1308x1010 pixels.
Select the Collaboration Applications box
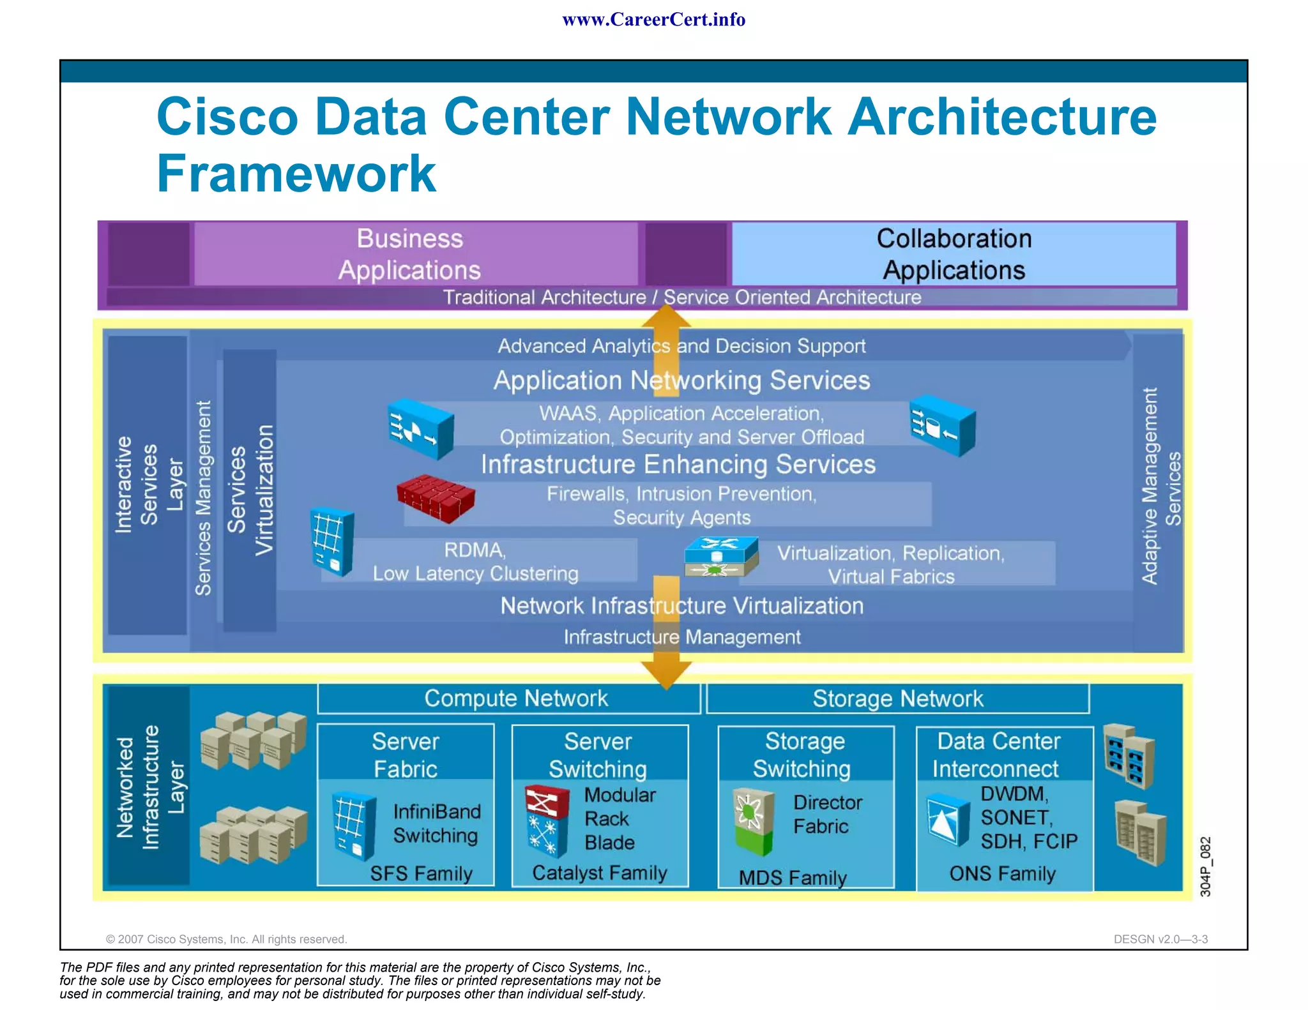953,253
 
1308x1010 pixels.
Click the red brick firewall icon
436,499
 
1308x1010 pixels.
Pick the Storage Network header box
897,698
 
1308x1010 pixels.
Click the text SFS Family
421,873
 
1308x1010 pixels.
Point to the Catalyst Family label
599,872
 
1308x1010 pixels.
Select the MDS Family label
793,877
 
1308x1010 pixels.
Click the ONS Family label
1002,873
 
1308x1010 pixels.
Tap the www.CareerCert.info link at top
653,20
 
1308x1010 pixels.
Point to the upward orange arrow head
666,315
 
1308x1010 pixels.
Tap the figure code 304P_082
1205,866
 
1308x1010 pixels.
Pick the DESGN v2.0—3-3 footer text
1160,939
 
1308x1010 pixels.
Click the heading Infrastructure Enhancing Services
678,464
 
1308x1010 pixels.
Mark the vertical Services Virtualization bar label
250,490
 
